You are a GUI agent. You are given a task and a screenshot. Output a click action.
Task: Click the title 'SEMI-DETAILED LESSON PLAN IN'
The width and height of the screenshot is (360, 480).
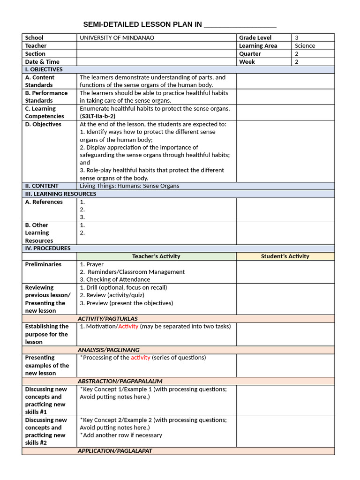pos(142,24)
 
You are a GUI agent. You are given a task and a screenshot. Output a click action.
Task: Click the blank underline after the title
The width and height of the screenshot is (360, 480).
pos(240,25)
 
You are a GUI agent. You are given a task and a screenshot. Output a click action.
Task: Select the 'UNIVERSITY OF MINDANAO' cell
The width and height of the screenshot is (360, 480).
pos(117,37)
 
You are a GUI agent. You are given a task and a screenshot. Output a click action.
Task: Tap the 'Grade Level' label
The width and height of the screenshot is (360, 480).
pos(255,37)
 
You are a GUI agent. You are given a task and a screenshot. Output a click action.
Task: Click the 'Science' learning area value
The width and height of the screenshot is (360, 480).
pos(305,45)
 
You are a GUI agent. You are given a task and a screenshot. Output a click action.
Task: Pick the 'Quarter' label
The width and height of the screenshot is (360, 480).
pos(250,53)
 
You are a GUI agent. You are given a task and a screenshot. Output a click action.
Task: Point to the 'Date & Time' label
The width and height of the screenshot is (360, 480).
pos(42,61)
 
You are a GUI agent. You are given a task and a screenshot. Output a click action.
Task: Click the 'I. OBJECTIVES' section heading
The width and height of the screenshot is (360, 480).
pos(44,69)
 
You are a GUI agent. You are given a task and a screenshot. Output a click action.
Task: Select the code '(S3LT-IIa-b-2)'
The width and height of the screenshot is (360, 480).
pos(97,116)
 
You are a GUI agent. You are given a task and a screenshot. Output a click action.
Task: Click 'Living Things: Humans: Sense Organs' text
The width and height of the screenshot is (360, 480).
pos(129,186)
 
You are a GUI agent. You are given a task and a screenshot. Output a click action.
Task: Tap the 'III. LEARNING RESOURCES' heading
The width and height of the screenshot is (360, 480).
pos(60,194)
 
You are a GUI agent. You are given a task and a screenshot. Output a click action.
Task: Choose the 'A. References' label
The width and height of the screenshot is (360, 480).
pos(44,202)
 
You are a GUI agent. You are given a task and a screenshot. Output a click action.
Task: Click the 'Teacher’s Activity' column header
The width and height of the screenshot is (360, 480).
pos(156,256)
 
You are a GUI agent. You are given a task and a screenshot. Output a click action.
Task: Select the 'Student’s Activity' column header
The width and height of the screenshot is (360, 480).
pos(285,256)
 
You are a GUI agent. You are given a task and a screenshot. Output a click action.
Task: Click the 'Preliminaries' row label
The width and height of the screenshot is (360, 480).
pos(43,264)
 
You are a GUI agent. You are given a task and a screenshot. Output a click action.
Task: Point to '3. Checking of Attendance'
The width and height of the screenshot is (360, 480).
pos(115,279)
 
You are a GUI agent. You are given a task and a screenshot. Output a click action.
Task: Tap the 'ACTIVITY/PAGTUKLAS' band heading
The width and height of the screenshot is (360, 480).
pos(108,319)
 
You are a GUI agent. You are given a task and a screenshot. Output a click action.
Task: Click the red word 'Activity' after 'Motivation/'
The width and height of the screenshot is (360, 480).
pos(128,326)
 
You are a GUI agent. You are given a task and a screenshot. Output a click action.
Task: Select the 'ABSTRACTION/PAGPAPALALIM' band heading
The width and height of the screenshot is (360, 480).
pos(120,381)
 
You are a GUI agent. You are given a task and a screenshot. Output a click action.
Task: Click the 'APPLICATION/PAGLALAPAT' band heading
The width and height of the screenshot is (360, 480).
pos(115,450)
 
